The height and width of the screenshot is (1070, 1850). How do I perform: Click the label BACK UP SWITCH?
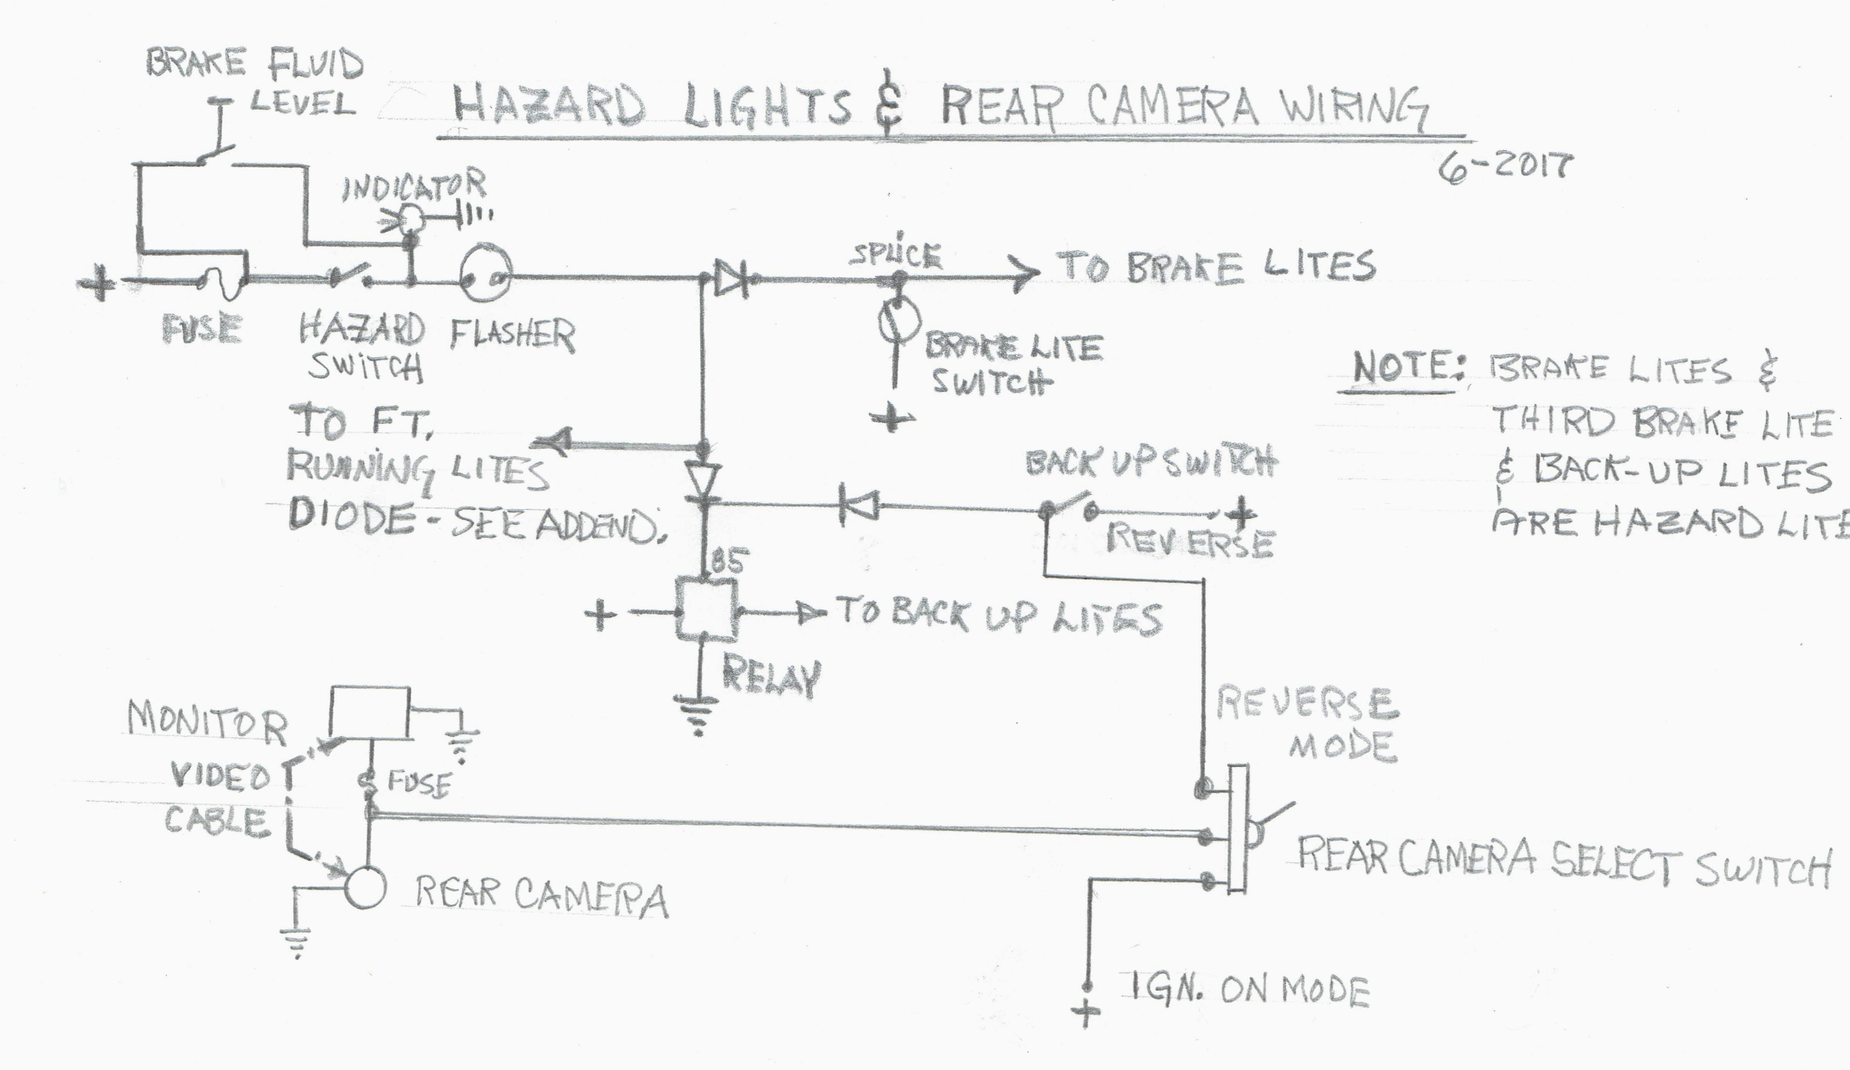[x=1150, y=463]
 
